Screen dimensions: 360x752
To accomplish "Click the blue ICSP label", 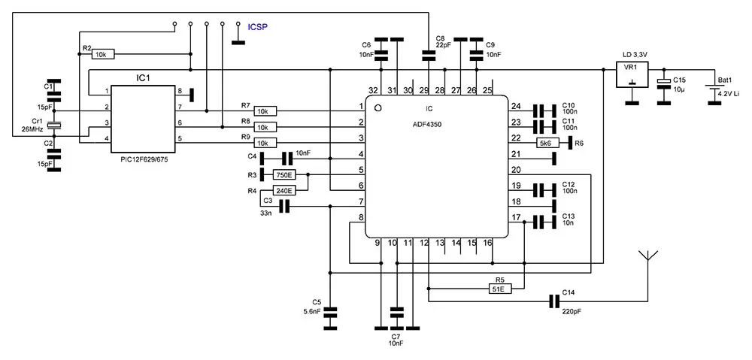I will click(257, 27).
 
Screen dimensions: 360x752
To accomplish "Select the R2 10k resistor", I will click(104, 54).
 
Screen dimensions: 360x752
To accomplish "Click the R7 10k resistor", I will click(265, 110).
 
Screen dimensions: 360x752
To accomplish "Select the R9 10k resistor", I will click(265, 143).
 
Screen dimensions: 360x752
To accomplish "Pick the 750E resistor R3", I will click(284, 175).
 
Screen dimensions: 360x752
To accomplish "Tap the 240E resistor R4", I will click(284, 191).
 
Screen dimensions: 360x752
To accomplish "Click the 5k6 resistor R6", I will click(547, 143).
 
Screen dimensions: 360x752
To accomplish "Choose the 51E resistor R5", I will click(498, 288).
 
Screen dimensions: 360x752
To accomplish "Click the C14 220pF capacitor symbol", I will click(554, 302).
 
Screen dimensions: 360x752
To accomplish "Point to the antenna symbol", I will click(647, 256).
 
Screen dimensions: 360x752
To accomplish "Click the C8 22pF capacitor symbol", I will click(429, 55).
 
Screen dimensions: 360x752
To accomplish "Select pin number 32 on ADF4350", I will click(373, 91).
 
